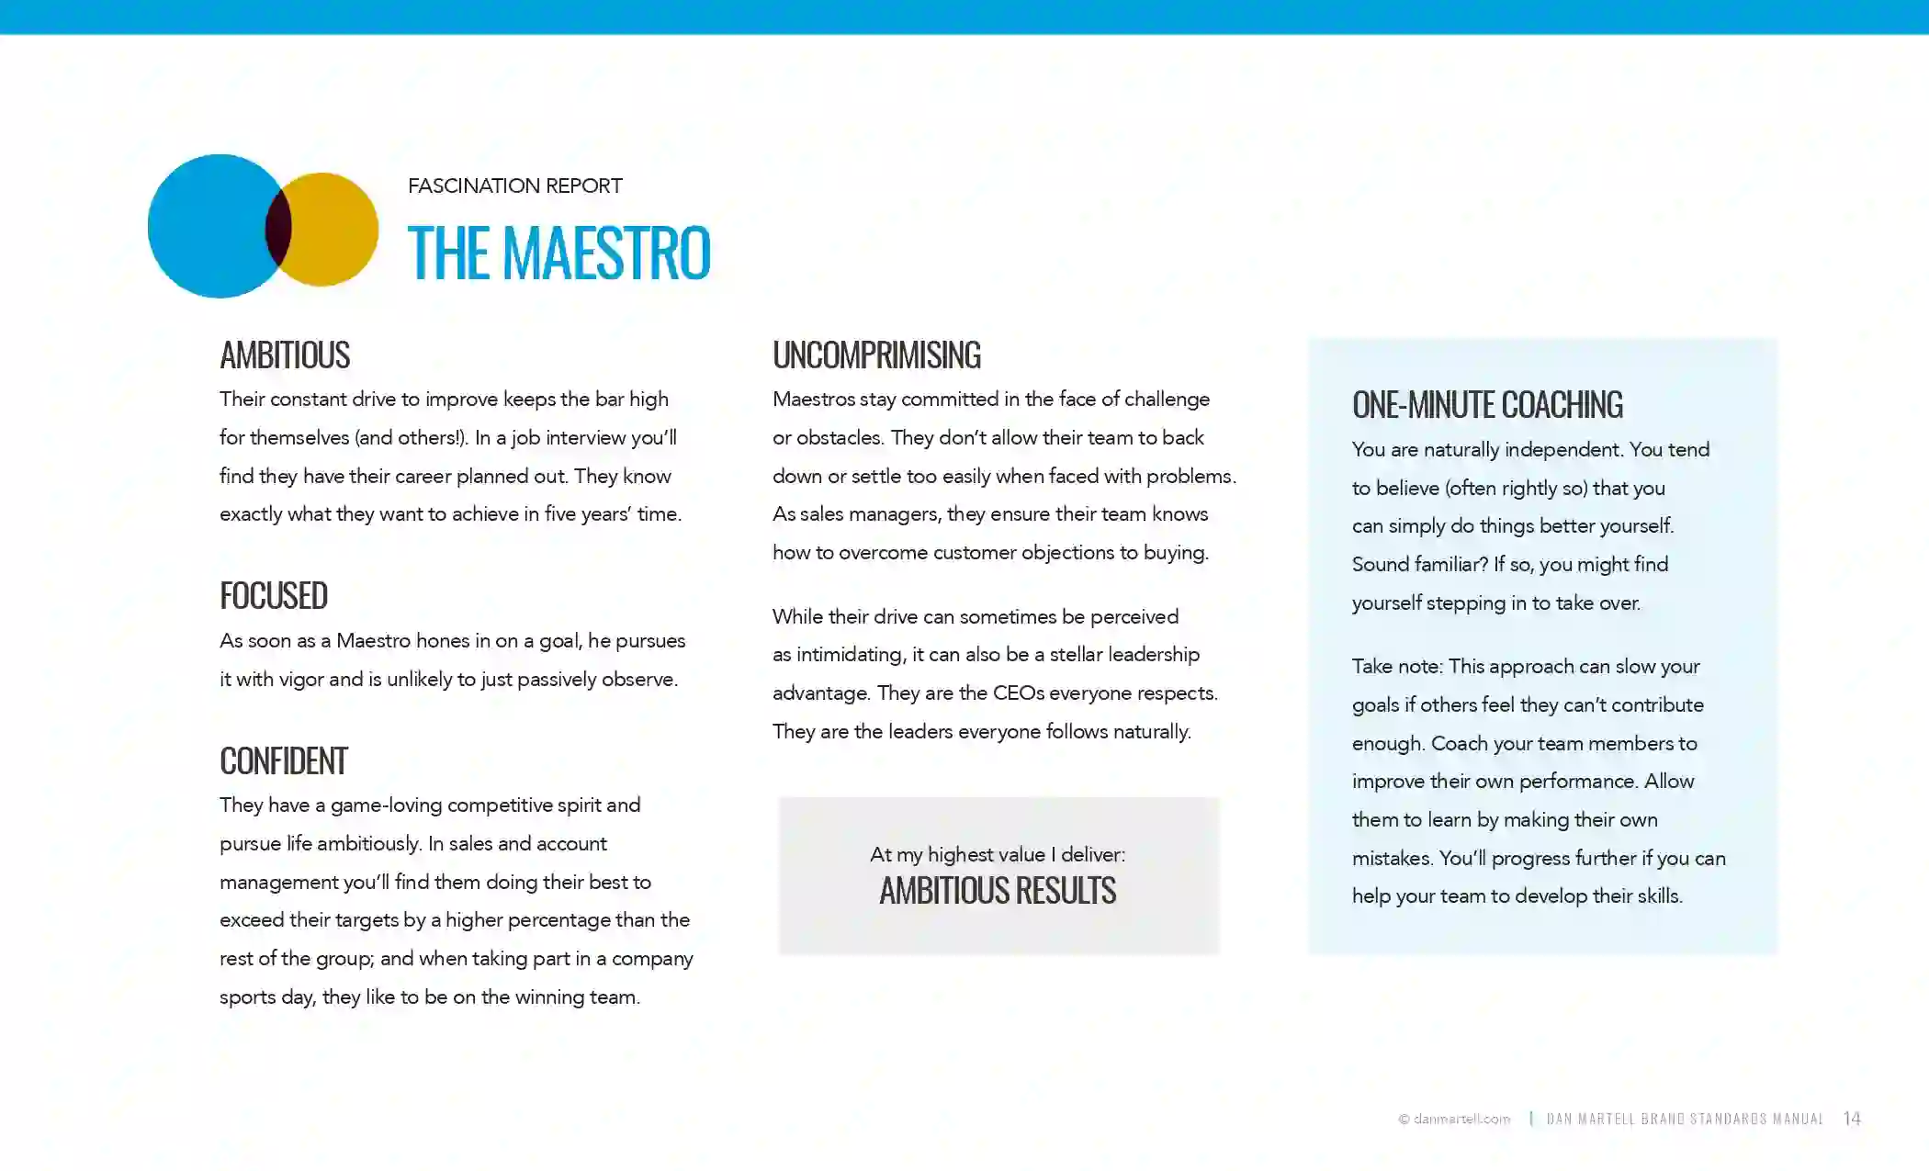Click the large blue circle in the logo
coord(207,226)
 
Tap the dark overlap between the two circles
coord(277,228)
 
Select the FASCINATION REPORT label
coord(514,186)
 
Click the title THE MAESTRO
coord(558,253)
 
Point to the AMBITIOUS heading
coord(285,355)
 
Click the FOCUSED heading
coord(274,596)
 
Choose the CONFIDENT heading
coord(284,761)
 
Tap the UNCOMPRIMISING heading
coord(876,355)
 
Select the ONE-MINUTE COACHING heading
coord(1487,405)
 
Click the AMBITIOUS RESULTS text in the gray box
coord(998,891)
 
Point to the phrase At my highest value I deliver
coord(998,855)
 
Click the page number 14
coord(1852,1119)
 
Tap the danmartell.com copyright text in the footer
coord(1455,1119)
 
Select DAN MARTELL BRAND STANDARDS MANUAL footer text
coord(1686,1119)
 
